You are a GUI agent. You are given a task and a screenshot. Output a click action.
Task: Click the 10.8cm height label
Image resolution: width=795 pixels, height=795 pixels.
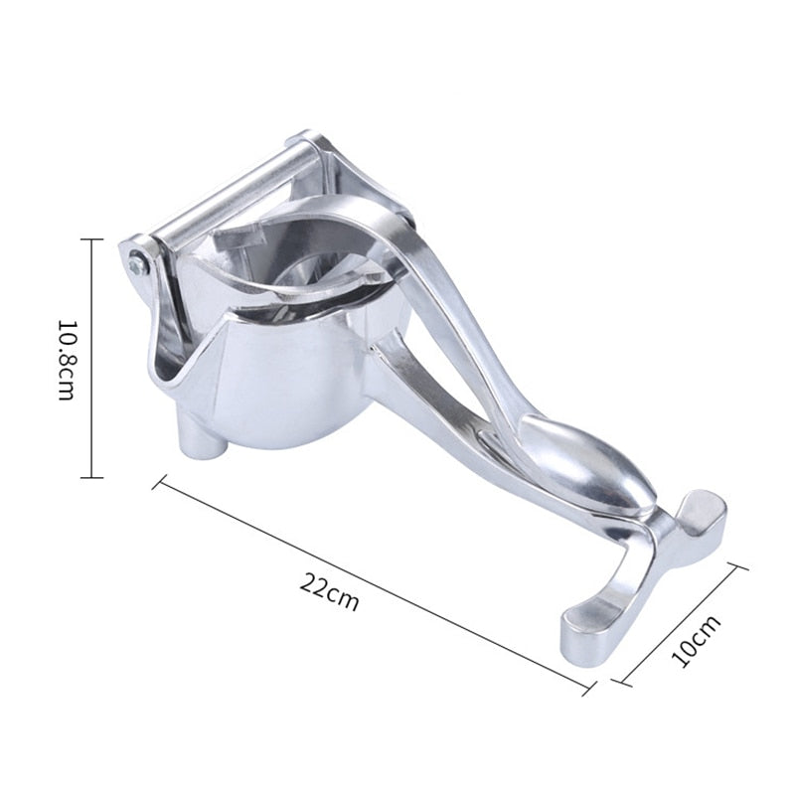(66, 359)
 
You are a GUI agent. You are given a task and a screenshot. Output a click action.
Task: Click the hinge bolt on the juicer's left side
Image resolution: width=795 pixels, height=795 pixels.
(136, 264)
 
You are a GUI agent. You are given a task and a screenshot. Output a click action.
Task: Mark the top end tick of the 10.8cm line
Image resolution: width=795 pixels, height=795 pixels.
(91, 239)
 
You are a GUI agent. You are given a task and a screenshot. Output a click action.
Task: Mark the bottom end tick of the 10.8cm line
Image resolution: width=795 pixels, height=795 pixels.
(91, 478)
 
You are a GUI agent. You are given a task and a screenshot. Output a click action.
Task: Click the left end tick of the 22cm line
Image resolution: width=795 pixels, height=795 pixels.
(158, 483)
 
